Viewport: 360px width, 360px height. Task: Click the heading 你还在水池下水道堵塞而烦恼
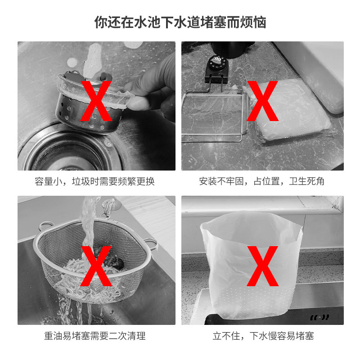(x=180, y=22)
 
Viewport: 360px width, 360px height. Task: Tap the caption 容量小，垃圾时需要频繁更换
(x=94, y=181)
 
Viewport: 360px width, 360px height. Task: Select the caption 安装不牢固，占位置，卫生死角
(x=262, y=181)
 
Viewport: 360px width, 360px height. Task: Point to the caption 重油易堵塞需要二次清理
(x=95, y=336)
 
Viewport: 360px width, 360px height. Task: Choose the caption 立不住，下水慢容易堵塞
(x=263, y=336)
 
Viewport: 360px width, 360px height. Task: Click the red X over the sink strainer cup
(x=96, y=101)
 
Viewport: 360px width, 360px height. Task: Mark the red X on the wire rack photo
(x=262, y=101)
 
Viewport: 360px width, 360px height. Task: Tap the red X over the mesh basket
(x=96, y=266)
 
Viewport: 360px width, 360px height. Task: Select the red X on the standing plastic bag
(x=262, y=266)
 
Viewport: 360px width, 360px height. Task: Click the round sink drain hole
(x=67, y=154)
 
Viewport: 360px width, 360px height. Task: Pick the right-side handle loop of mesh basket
(x=152, y=244)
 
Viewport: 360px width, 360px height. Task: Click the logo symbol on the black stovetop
(x=319, y=318)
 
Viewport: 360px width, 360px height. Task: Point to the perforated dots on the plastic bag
(x=252, y=298)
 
